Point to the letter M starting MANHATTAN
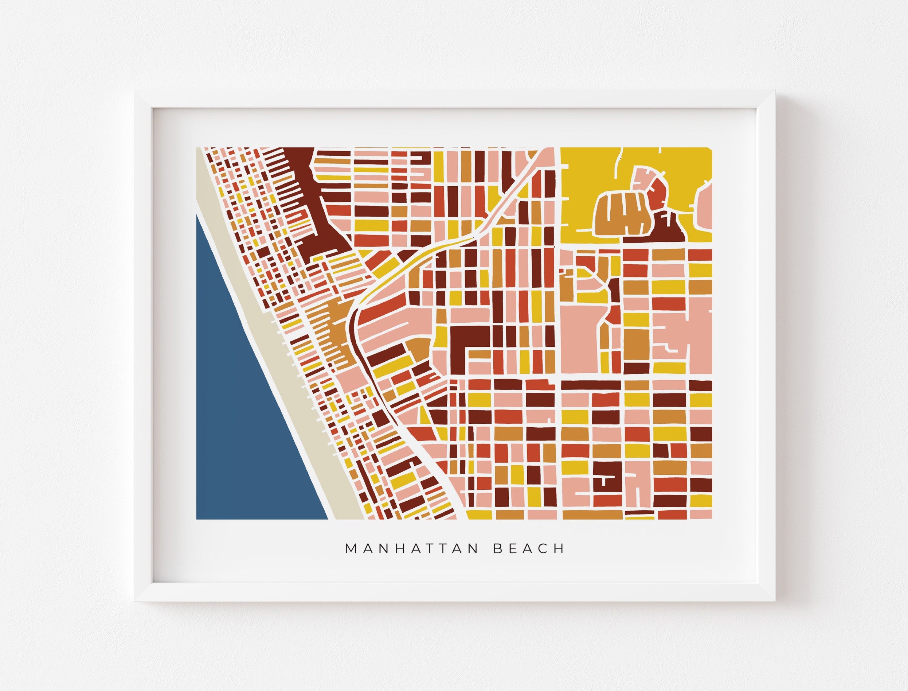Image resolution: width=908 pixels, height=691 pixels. (x=351, y=549)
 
